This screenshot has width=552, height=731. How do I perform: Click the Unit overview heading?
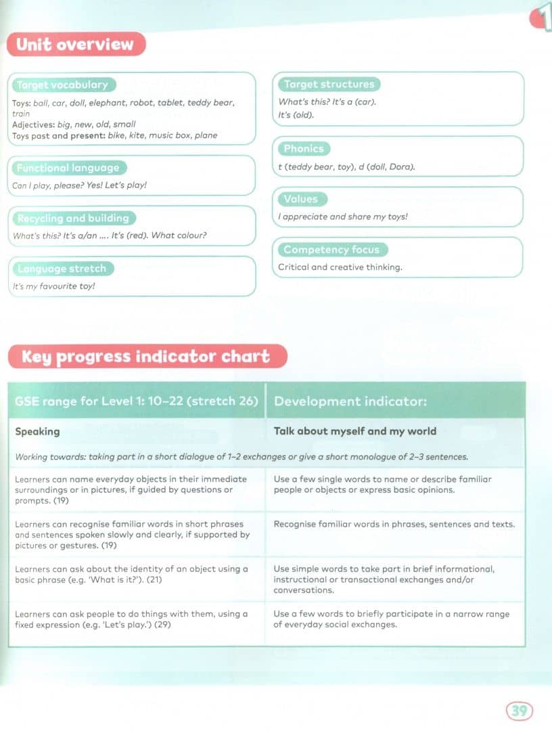75,45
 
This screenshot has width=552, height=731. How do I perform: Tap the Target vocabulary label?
62,85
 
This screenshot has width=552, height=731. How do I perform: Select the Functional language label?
68,168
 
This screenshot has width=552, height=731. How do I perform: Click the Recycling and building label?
72,218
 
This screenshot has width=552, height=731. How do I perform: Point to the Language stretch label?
62,269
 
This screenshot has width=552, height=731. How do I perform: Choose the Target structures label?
329,84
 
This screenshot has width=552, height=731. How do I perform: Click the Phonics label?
304,148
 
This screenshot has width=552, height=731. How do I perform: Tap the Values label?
301,199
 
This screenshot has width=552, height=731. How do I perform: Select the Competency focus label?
331,250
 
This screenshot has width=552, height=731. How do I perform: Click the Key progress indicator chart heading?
146,357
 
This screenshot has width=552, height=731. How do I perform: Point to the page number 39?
519,711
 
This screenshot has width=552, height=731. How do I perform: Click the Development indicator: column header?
350,401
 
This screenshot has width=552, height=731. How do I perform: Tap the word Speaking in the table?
37,431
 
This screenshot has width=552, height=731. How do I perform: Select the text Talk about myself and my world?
354,431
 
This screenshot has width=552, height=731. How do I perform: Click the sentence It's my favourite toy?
54,286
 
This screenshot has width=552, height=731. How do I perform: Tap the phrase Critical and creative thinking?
340,267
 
